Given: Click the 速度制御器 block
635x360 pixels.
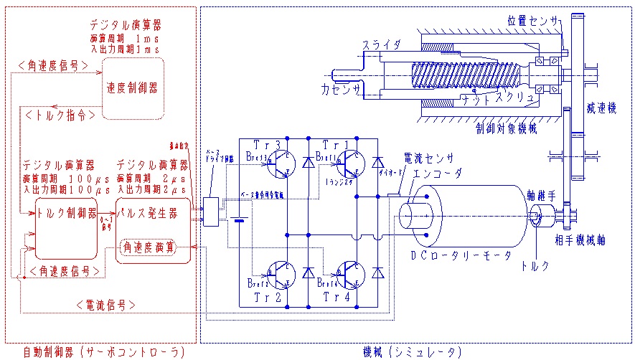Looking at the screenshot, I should [x=132, y=87].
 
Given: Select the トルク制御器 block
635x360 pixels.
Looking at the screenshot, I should [x=66, y=213].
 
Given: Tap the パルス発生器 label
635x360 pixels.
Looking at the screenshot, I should [x=154, y=213].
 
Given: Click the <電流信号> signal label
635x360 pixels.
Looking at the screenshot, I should [x=105, y=305].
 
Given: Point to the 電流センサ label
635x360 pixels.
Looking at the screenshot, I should [x=429, y=157].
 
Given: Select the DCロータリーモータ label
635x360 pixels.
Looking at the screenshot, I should [x=461, y=255].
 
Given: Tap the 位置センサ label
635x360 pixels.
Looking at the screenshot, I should [x=532, y=21].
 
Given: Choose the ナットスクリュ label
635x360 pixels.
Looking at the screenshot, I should [x=499, y=98].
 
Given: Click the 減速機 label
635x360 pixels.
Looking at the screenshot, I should [x=601, y=108].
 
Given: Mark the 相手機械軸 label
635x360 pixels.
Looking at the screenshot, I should [x=580, y=240].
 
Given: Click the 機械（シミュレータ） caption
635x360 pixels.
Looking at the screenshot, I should [x=410, y=351].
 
